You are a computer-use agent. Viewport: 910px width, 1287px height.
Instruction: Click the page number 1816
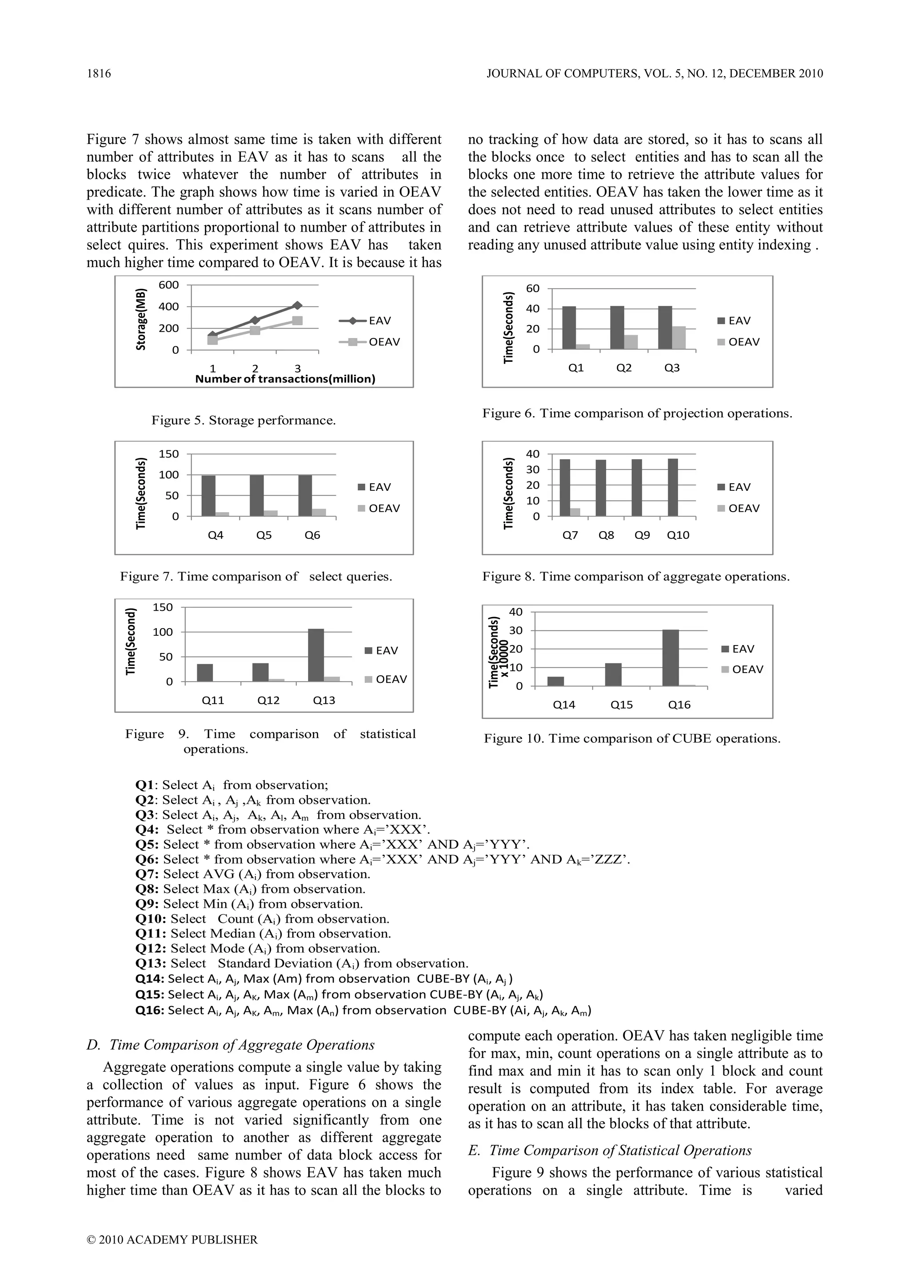click(99, 73)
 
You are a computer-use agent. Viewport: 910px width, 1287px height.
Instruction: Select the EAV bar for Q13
click(316, 655)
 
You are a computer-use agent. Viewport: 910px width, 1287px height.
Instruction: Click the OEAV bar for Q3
click(679, 337)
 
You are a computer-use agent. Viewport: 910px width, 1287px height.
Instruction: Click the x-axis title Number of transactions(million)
click(285, 379)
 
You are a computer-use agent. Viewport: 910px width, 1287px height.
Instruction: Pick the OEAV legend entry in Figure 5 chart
click(370, 342)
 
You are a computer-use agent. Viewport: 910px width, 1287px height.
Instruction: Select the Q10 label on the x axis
click(678, 535)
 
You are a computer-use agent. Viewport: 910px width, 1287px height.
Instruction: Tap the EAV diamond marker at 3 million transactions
click(297, 305)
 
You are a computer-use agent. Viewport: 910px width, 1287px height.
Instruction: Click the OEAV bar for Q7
click(575, 512)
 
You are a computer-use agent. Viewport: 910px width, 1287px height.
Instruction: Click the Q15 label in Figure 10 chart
click(622, 705)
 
